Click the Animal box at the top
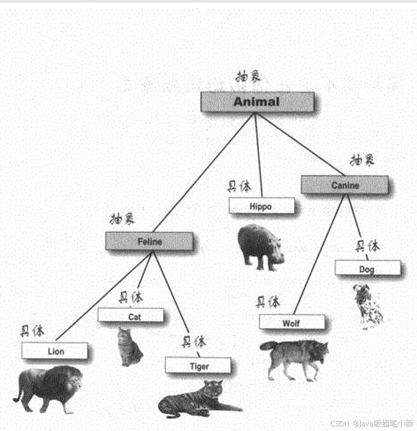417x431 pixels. click(257, 102)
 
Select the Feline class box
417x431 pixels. click(149, 242)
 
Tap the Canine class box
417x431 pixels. click(344, 185)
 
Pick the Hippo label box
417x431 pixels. click(261, 206)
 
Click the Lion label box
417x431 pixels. click(55, 351)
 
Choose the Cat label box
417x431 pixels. click(131, 316)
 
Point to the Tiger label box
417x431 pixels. click(198, 366)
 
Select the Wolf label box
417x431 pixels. click(292, 323)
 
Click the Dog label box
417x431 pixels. click(367, 269)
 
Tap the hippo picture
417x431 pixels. click(260, 246)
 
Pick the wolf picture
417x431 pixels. click(296, 357)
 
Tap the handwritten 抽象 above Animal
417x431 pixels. click(248, 77)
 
